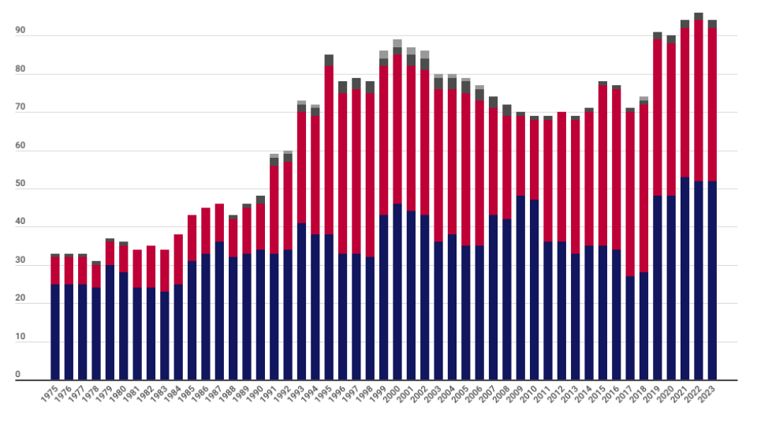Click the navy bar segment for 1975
click(55, 332)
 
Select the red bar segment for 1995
click(329, 150)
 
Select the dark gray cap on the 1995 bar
click(329, 60)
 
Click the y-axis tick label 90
click(21, 31)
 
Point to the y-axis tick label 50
click(21, 184)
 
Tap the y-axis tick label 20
click(21, 299)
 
